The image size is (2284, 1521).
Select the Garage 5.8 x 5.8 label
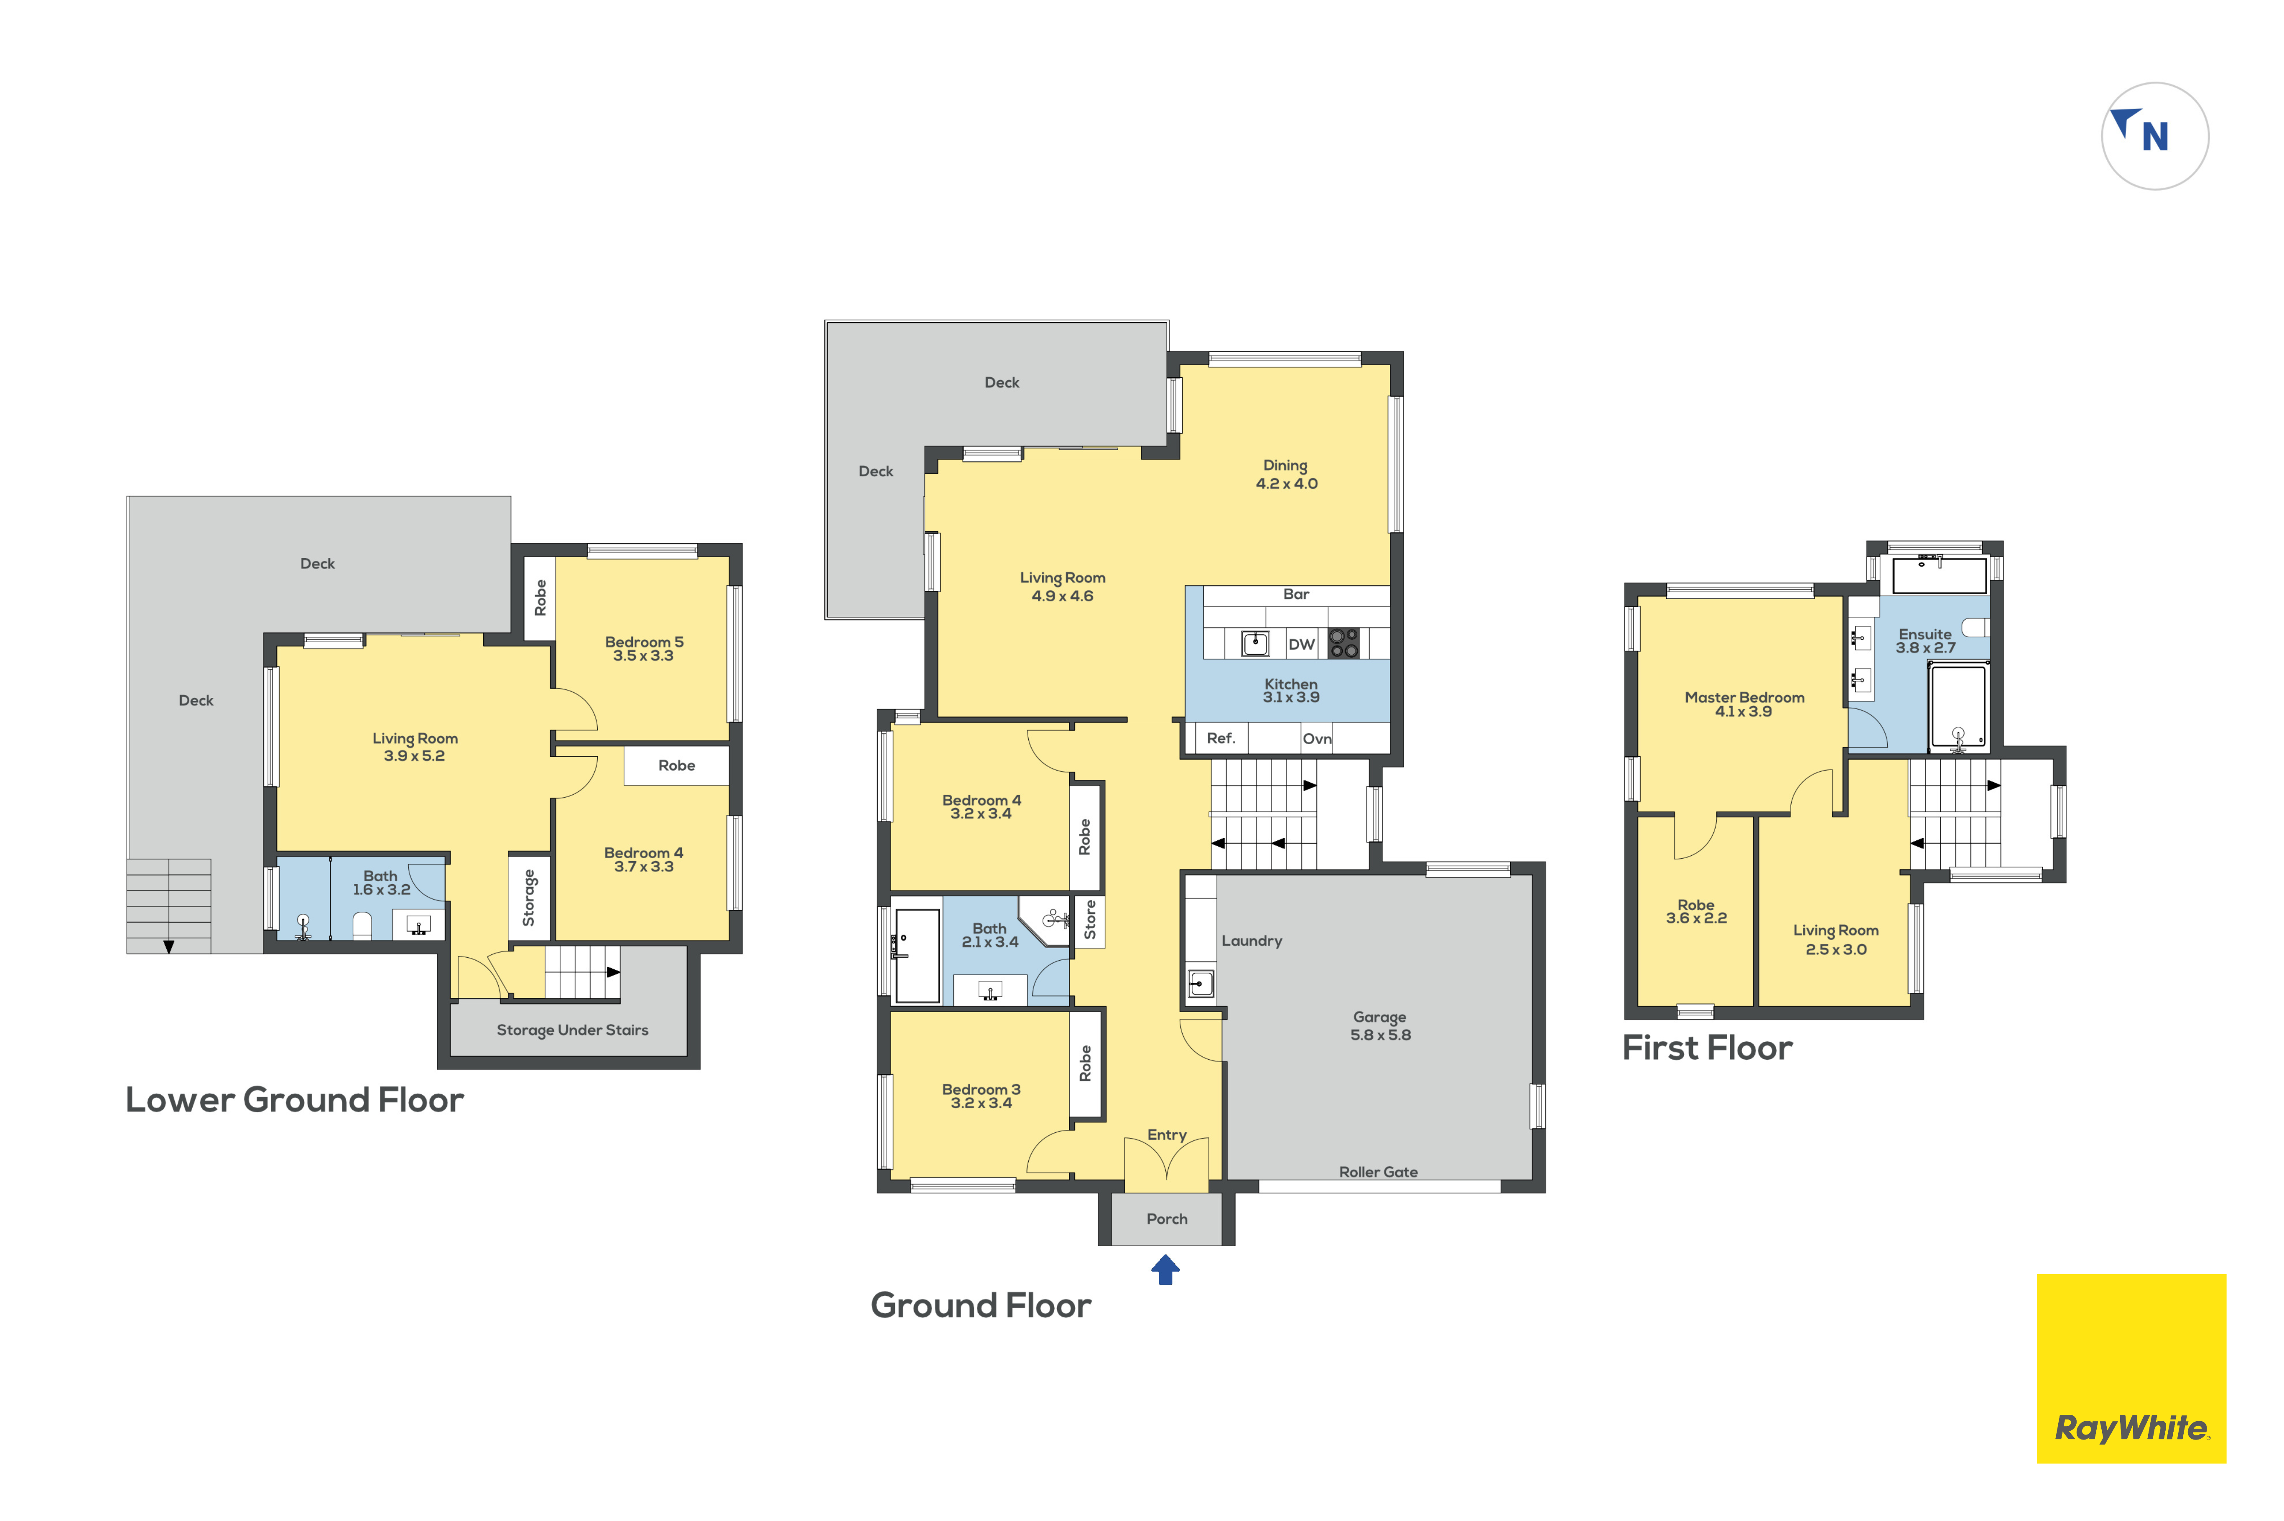1380,1025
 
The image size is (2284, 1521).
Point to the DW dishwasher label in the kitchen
1301,644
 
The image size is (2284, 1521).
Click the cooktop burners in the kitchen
1343,642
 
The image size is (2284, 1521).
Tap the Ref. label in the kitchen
1221,738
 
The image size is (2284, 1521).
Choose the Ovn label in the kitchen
1317,739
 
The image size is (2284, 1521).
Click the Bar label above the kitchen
1295,594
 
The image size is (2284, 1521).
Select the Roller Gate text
1378,1172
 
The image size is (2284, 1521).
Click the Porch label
1166,1218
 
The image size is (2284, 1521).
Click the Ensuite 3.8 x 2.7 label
1925,640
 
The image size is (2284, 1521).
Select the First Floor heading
1707,1048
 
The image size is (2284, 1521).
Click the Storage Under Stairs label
572,1030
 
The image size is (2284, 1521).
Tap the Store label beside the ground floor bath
1090,920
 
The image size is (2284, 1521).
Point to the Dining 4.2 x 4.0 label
1286,474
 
